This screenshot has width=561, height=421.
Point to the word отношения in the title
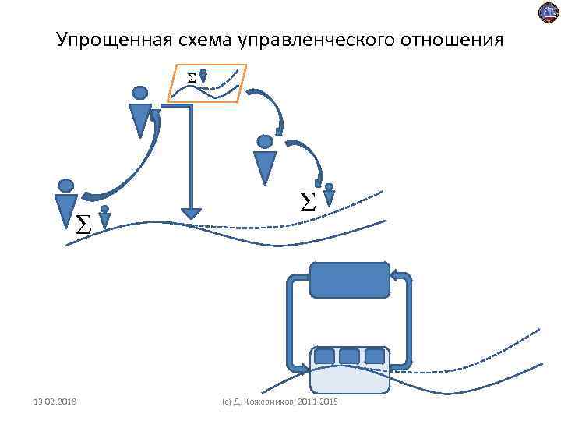click(460, 40)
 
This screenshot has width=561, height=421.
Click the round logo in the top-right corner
click(549, 13)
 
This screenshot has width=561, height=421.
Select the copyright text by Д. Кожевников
click(280, 402)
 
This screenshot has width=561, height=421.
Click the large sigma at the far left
click(83, 225)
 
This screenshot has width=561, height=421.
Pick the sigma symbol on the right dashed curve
click(308, 203)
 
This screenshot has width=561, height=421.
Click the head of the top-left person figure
click(140, 93)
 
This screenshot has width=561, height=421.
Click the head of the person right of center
click(265, 142)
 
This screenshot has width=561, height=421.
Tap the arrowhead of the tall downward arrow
click(190, 213)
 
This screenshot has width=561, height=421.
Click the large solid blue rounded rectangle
click(350, 280)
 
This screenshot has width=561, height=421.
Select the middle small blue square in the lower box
click(350, 356)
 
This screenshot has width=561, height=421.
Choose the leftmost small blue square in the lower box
click(325, 356)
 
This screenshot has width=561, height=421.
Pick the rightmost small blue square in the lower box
click(375, 356)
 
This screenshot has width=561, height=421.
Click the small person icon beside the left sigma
click(104, 218)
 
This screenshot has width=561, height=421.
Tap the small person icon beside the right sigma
click(329, 194)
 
